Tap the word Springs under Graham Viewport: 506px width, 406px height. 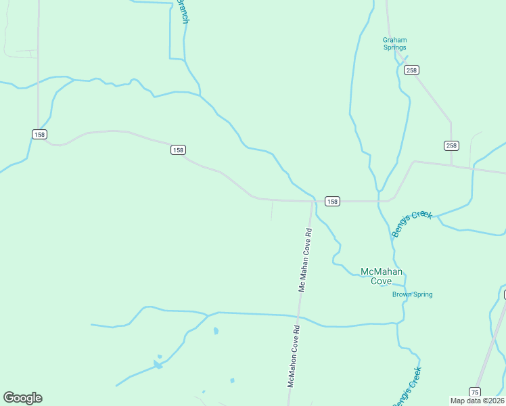tap(395, 48)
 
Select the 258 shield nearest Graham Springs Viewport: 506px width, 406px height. tap(411, 70)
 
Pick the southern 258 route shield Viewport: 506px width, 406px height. tap(451, 145)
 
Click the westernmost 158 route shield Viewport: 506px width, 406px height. tap(39, 134)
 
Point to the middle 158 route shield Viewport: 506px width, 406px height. tap(178, 150)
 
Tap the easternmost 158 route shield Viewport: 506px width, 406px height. tap(332, 201)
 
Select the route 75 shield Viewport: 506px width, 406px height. tap(475, 392)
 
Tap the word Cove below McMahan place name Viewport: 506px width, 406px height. tap(382, 281)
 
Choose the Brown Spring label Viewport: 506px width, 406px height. tap(413, 294)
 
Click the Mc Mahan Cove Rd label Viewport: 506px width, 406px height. tap(305, 260)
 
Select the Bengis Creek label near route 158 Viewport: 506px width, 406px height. tap(411, 223)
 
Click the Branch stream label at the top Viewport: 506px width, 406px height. tap(183, 12)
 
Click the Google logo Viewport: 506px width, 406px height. tap(22, 398)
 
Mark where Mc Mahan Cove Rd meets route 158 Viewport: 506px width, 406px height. tap(313, 201)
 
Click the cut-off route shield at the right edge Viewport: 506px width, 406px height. tap(503, 294)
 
